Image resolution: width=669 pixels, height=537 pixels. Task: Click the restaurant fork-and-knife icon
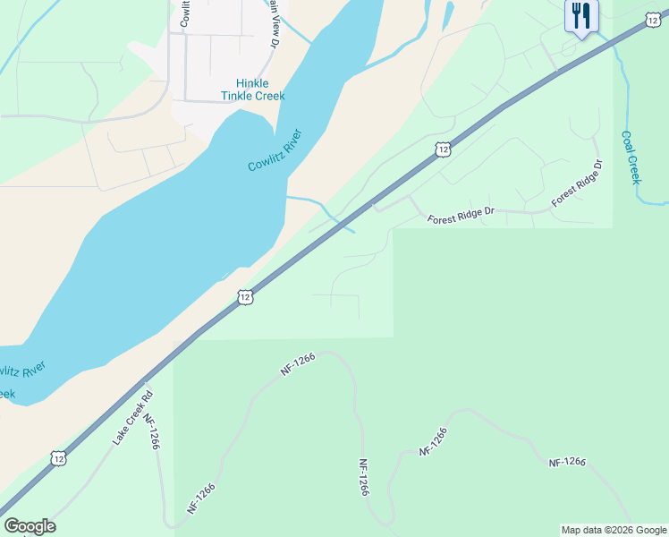[x=581, y=17]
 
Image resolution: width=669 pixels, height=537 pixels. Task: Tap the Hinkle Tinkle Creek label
[x=253, y=89]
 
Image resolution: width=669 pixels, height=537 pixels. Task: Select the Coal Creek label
[x=631, y=158]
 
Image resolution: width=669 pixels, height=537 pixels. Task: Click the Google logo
[x=30, y=526]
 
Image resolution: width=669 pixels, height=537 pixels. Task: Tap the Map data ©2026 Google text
[x=614, y=530]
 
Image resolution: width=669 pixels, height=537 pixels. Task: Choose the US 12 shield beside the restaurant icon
[x=652, y=19]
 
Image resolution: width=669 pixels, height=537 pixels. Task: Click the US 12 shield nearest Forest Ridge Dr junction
[x=443, y=149]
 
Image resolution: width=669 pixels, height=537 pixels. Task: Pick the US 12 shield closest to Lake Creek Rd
[x=58, y=458]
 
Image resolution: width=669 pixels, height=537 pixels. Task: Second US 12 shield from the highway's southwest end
[x=244, y=296]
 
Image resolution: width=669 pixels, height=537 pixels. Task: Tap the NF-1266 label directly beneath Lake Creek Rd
[x=151, y=431]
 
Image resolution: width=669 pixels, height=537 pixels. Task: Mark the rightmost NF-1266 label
[x=567, y=462]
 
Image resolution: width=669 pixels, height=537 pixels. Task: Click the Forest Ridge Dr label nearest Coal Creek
[x=578, y=184]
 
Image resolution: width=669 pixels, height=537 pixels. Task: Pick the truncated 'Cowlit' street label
[x=185, y=13]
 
